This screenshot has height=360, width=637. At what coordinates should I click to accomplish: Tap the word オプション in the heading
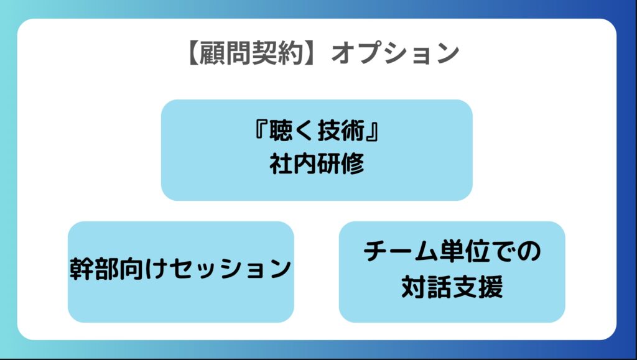395,53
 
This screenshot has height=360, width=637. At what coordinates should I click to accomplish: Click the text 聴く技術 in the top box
317,131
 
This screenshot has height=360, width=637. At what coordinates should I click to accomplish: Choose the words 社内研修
317,164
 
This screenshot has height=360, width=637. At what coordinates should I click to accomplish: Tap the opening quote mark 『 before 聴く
261,131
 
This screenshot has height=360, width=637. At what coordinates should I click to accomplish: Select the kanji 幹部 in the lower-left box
95,269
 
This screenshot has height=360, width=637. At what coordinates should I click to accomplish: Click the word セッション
230,269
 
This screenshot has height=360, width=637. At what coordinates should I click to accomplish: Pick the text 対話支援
452,287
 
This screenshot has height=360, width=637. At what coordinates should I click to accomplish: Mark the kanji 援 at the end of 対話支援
491,287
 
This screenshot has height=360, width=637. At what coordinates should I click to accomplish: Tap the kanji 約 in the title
291,53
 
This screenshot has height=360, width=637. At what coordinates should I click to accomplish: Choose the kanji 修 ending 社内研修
353,164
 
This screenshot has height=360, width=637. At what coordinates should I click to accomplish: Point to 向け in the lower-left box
144,269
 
